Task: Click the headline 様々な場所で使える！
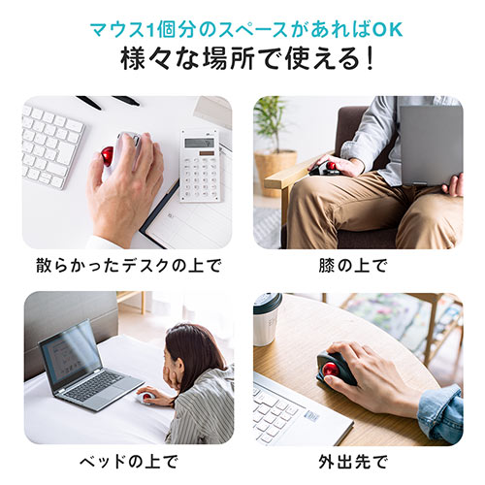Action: (242, 58)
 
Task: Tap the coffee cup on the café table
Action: (267, 318)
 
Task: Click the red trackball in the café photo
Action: (336, 369)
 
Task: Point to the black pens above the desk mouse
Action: (107, 101)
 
